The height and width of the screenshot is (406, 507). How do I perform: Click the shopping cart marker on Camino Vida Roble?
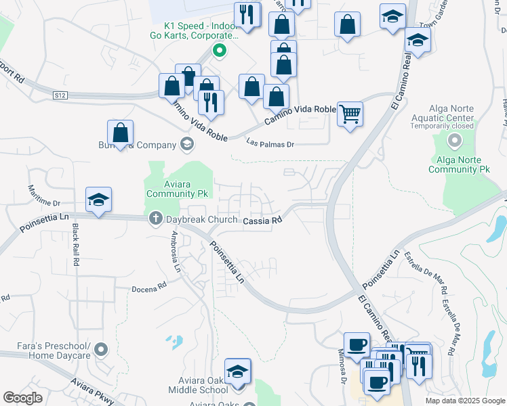click(x=350, y=114)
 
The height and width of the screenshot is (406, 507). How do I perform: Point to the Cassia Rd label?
click(x=262, y=221)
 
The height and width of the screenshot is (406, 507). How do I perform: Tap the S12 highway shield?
click(x=60, y=96)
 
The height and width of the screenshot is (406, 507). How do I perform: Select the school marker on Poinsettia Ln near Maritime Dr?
click(x=98, y=200)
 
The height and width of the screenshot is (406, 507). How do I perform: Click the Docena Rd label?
click(x=148, y=287)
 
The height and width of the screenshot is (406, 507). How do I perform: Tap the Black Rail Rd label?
click(x=76, y=244)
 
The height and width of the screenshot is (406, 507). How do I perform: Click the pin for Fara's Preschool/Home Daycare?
click(x=101, y=350)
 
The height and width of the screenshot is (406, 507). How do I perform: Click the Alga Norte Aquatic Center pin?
click(x=454, y=141)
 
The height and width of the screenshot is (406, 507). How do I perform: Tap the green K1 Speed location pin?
click(x=218, y=49)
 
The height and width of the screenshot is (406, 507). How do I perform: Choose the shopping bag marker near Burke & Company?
click(x=120, y=133)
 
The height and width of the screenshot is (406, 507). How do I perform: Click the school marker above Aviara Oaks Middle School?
click(x=237, y=371)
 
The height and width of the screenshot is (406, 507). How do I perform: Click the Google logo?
click(x=22, y=398)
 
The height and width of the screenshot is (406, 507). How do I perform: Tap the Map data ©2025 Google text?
click(x=464, y=401)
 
